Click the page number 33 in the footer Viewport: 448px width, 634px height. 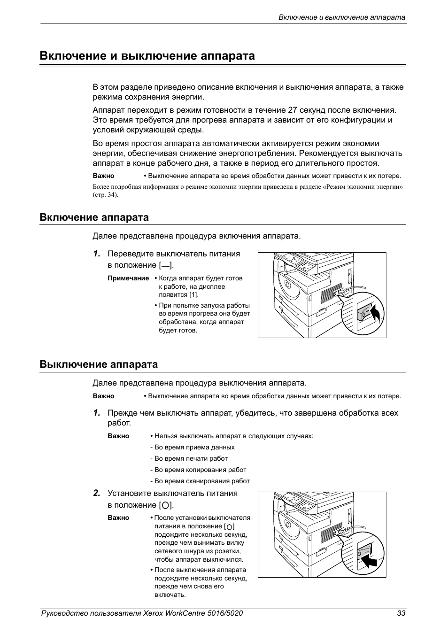[401, 613]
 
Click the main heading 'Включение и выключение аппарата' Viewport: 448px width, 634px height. [147, 56]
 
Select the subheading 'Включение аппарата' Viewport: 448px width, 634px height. [94, 217]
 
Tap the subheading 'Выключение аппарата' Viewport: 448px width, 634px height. [99, 364]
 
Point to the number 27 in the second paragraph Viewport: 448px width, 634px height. [293, 110]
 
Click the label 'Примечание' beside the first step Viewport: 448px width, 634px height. [128, 278]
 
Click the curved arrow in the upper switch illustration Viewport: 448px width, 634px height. [376, 311]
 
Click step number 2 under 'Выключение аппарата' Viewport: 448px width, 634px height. [96, 493]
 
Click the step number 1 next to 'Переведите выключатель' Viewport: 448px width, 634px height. [96, 254]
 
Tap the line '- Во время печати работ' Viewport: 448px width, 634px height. [189, 459]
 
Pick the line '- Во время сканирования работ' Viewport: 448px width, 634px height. [200, 481]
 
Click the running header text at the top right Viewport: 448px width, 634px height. [342, 17]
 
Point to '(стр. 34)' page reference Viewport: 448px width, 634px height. [105, 195]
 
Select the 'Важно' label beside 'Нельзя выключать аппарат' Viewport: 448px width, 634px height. [118, 436]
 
